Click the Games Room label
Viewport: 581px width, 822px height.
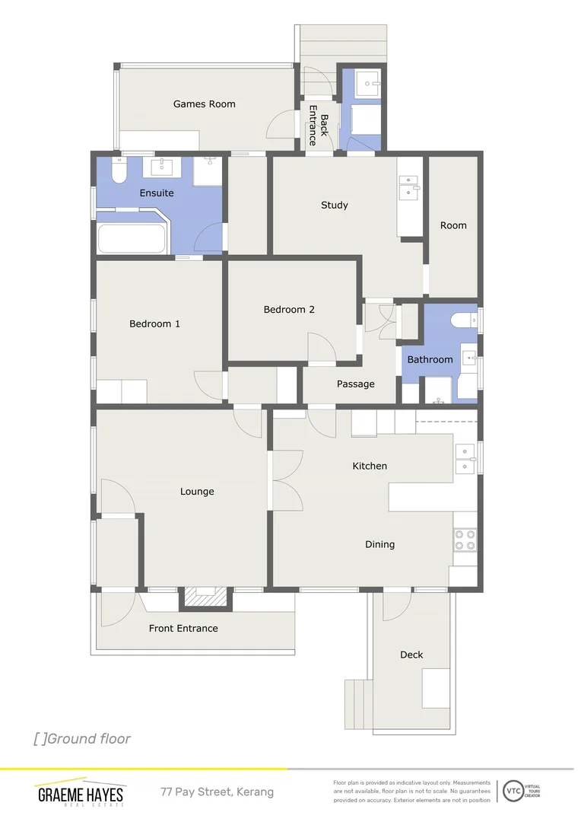click(x=204, y=104)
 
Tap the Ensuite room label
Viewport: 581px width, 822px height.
click(x=157, y=193)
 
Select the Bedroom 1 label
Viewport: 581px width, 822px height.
click(x=154, y=324)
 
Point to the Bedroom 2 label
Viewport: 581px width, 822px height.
click(x=289, y=310)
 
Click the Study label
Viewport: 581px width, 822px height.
click(x=335, y=205)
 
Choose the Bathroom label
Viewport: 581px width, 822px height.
click(x=430, y=360)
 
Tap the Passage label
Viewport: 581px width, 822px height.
click(x=356, y=384)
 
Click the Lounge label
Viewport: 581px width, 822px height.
click(x=197, y=492)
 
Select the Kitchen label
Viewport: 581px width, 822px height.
click(x=370, y=466)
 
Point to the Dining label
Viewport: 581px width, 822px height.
click(x=379, y=545)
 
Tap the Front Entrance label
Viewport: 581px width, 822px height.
click(x=183, y=629)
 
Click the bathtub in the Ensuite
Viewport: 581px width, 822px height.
click(x=132, y=239)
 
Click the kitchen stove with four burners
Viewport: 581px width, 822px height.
click(x=465, y=540)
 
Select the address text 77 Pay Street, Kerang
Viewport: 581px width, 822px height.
click(x=217, y=792)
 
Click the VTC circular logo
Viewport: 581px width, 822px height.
click(x=513, y=791)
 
